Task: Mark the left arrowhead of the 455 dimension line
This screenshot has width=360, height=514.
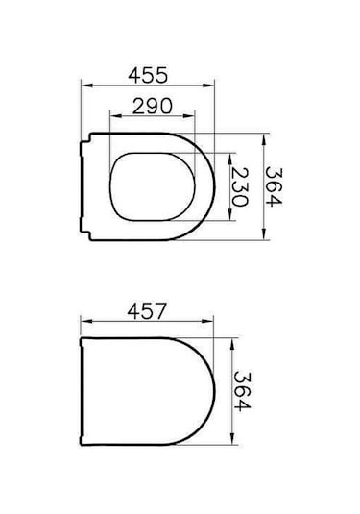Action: click(x=82, y=89)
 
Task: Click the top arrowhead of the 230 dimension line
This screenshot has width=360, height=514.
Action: click(x=231, y=155)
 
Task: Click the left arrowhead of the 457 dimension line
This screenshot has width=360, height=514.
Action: click(x=82, y=326)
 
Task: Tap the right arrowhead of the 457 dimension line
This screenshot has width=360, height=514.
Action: click(x=217, y=326)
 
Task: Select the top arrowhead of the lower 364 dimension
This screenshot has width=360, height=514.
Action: click(x=233, y=339)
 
